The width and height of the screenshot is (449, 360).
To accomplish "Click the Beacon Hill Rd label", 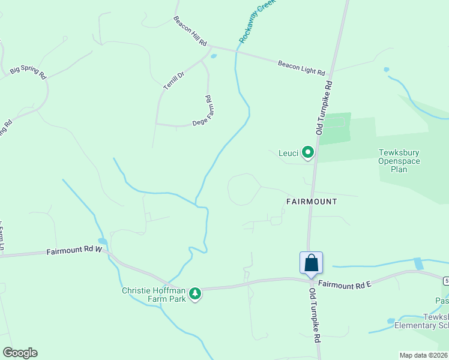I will [190, 31].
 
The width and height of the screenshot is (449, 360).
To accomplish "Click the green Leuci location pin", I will [308, 153].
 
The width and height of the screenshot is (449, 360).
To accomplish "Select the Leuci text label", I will [289, 153].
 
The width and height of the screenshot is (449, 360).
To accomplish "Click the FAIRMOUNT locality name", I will [312, 202].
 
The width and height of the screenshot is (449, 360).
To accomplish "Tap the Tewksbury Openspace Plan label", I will [399, 161].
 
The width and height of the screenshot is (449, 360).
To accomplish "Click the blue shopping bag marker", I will [311, 263].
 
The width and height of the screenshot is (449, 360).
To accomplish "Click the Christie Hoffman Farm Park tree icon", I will [194, 293].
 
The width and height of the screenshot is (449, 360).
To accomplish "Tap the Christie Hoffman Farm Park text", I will [154, 295].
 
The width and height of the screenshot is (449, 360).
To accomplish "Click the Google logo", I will [20, 353].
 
